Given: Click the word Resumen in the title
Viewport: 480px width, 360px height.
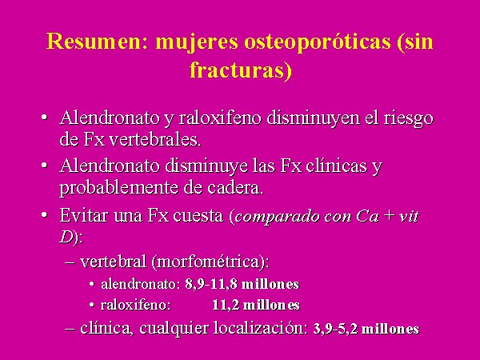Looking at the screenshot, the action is click(x=97, y=41).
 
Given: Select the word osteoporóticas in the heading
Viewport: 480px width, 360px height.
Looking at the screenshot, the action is click(x=317, y=42).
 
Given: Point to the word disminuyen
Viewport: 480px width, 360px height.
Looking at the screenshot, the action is click(x=313, y=118).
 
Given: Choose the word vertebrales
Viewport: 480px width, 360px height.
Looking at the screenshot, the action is click(x=155, y=140).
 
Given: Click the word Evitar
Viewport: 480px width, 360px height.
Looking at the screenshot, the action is click(x=84, y=215).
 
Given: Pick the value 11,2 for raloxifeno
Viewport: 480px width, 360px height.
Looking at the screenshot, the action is click(x=226, y=306).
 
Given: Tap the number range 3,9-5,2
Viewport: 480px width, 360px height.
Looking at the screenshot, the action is click(x=335, y=329).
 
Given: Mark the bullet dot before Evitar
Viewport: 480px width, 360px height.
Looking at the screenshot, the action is click(x=44, y=215).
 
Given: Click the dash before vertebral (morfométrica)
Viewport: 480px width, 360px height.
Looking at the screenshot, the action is click(x=70, y=263).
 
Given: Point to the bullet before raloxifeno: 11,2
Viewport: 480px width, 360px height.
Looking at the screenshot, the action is click(x=91, y=305).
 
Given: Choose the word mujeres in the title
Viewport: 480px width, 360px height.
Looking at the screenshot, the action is click(x=197, y=42).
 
